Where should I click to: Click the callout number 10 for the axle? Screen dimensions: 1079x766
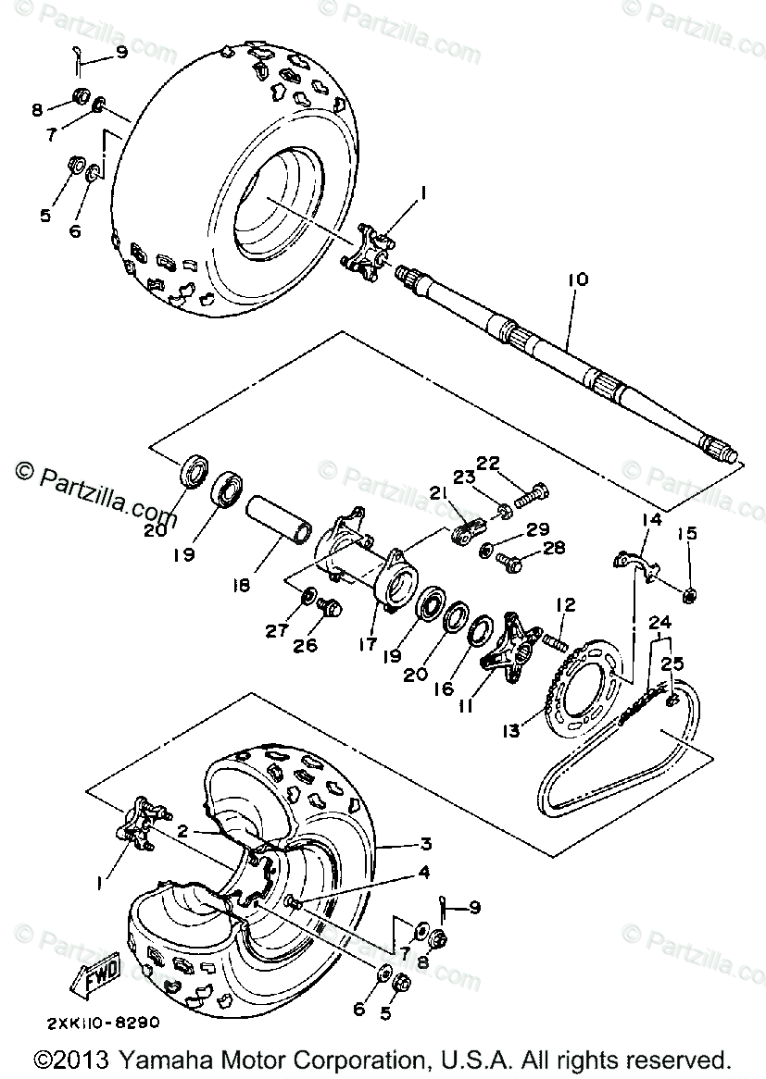pos(578,279)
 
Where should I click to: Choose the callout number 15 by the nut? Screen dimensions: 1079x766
pos(686,534)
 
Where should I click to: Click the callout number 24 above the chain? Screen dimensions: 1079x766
pos(660,622)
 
